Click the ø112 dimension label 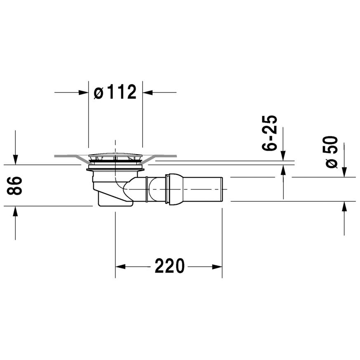tap(115, 92)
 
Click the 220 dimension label tap(169, 266)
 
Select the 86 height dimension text tap(14, 186)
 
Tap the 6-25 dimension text tap(270, 133)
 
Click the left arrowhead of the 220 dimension tap(120, 267)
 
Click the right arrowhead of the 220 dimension tap(217, 267)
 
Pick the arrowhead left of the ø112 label tap(83, 92)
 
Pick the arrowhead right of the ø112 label tap(148, 92)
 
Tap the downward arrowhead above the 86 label tap(15, 160)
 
